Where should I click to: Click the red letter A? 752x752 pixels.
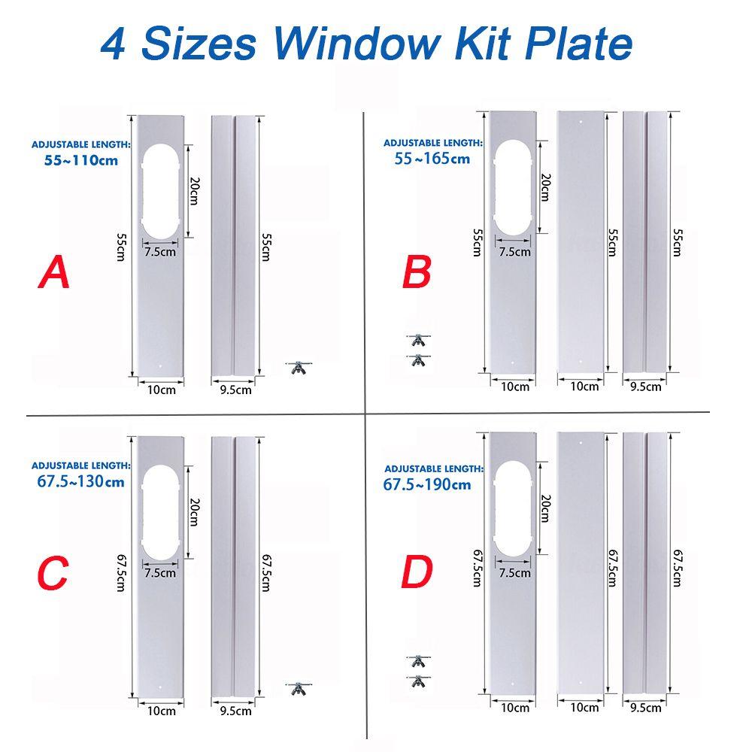coord(54,272)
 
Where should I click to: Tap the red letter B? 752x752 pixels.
coord(417,272)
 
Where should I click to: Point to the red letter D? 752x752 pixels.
coord(417,573)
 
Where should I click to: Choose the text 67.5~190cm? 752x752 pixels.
coord(427,484)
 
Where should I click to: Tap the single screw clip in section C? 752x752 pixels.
coord(298,687)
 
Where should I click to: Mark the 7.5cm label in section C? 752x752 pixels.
coord(159,573)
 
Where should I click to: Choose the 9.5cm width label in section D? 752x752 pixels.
coord(645,707)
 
